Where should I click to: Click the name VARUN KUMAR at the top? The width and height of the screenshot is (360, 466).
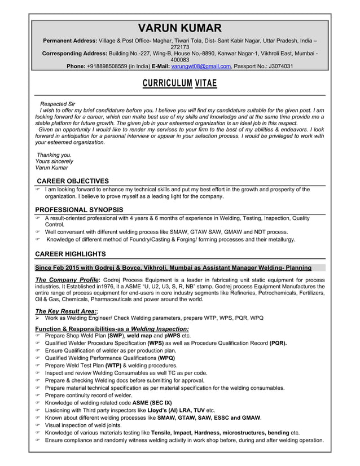pyautogui.click(x=180, y=28)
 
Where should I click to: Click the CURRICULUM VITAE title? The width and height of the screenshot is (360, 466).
pyautogui.click(x=180, y=84)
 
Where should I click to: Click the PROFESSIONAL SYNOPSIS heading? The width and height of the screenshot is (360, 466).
pyautogui.click(x=79, y=210)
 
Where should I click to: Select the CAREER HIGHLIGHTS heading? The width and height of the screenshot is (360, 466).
pyautogui.click(x=70, y=254)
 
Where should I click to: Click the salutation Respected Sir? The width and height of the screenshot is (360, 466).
pyautogui.click(x=57, y=105)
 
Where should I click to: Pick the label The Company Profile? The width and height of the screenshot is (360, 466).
pyautogui.click(x=67, y=280)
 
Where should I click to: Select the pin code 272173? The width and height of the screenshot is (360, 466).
pyautogui.click(x=180, y=47)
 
